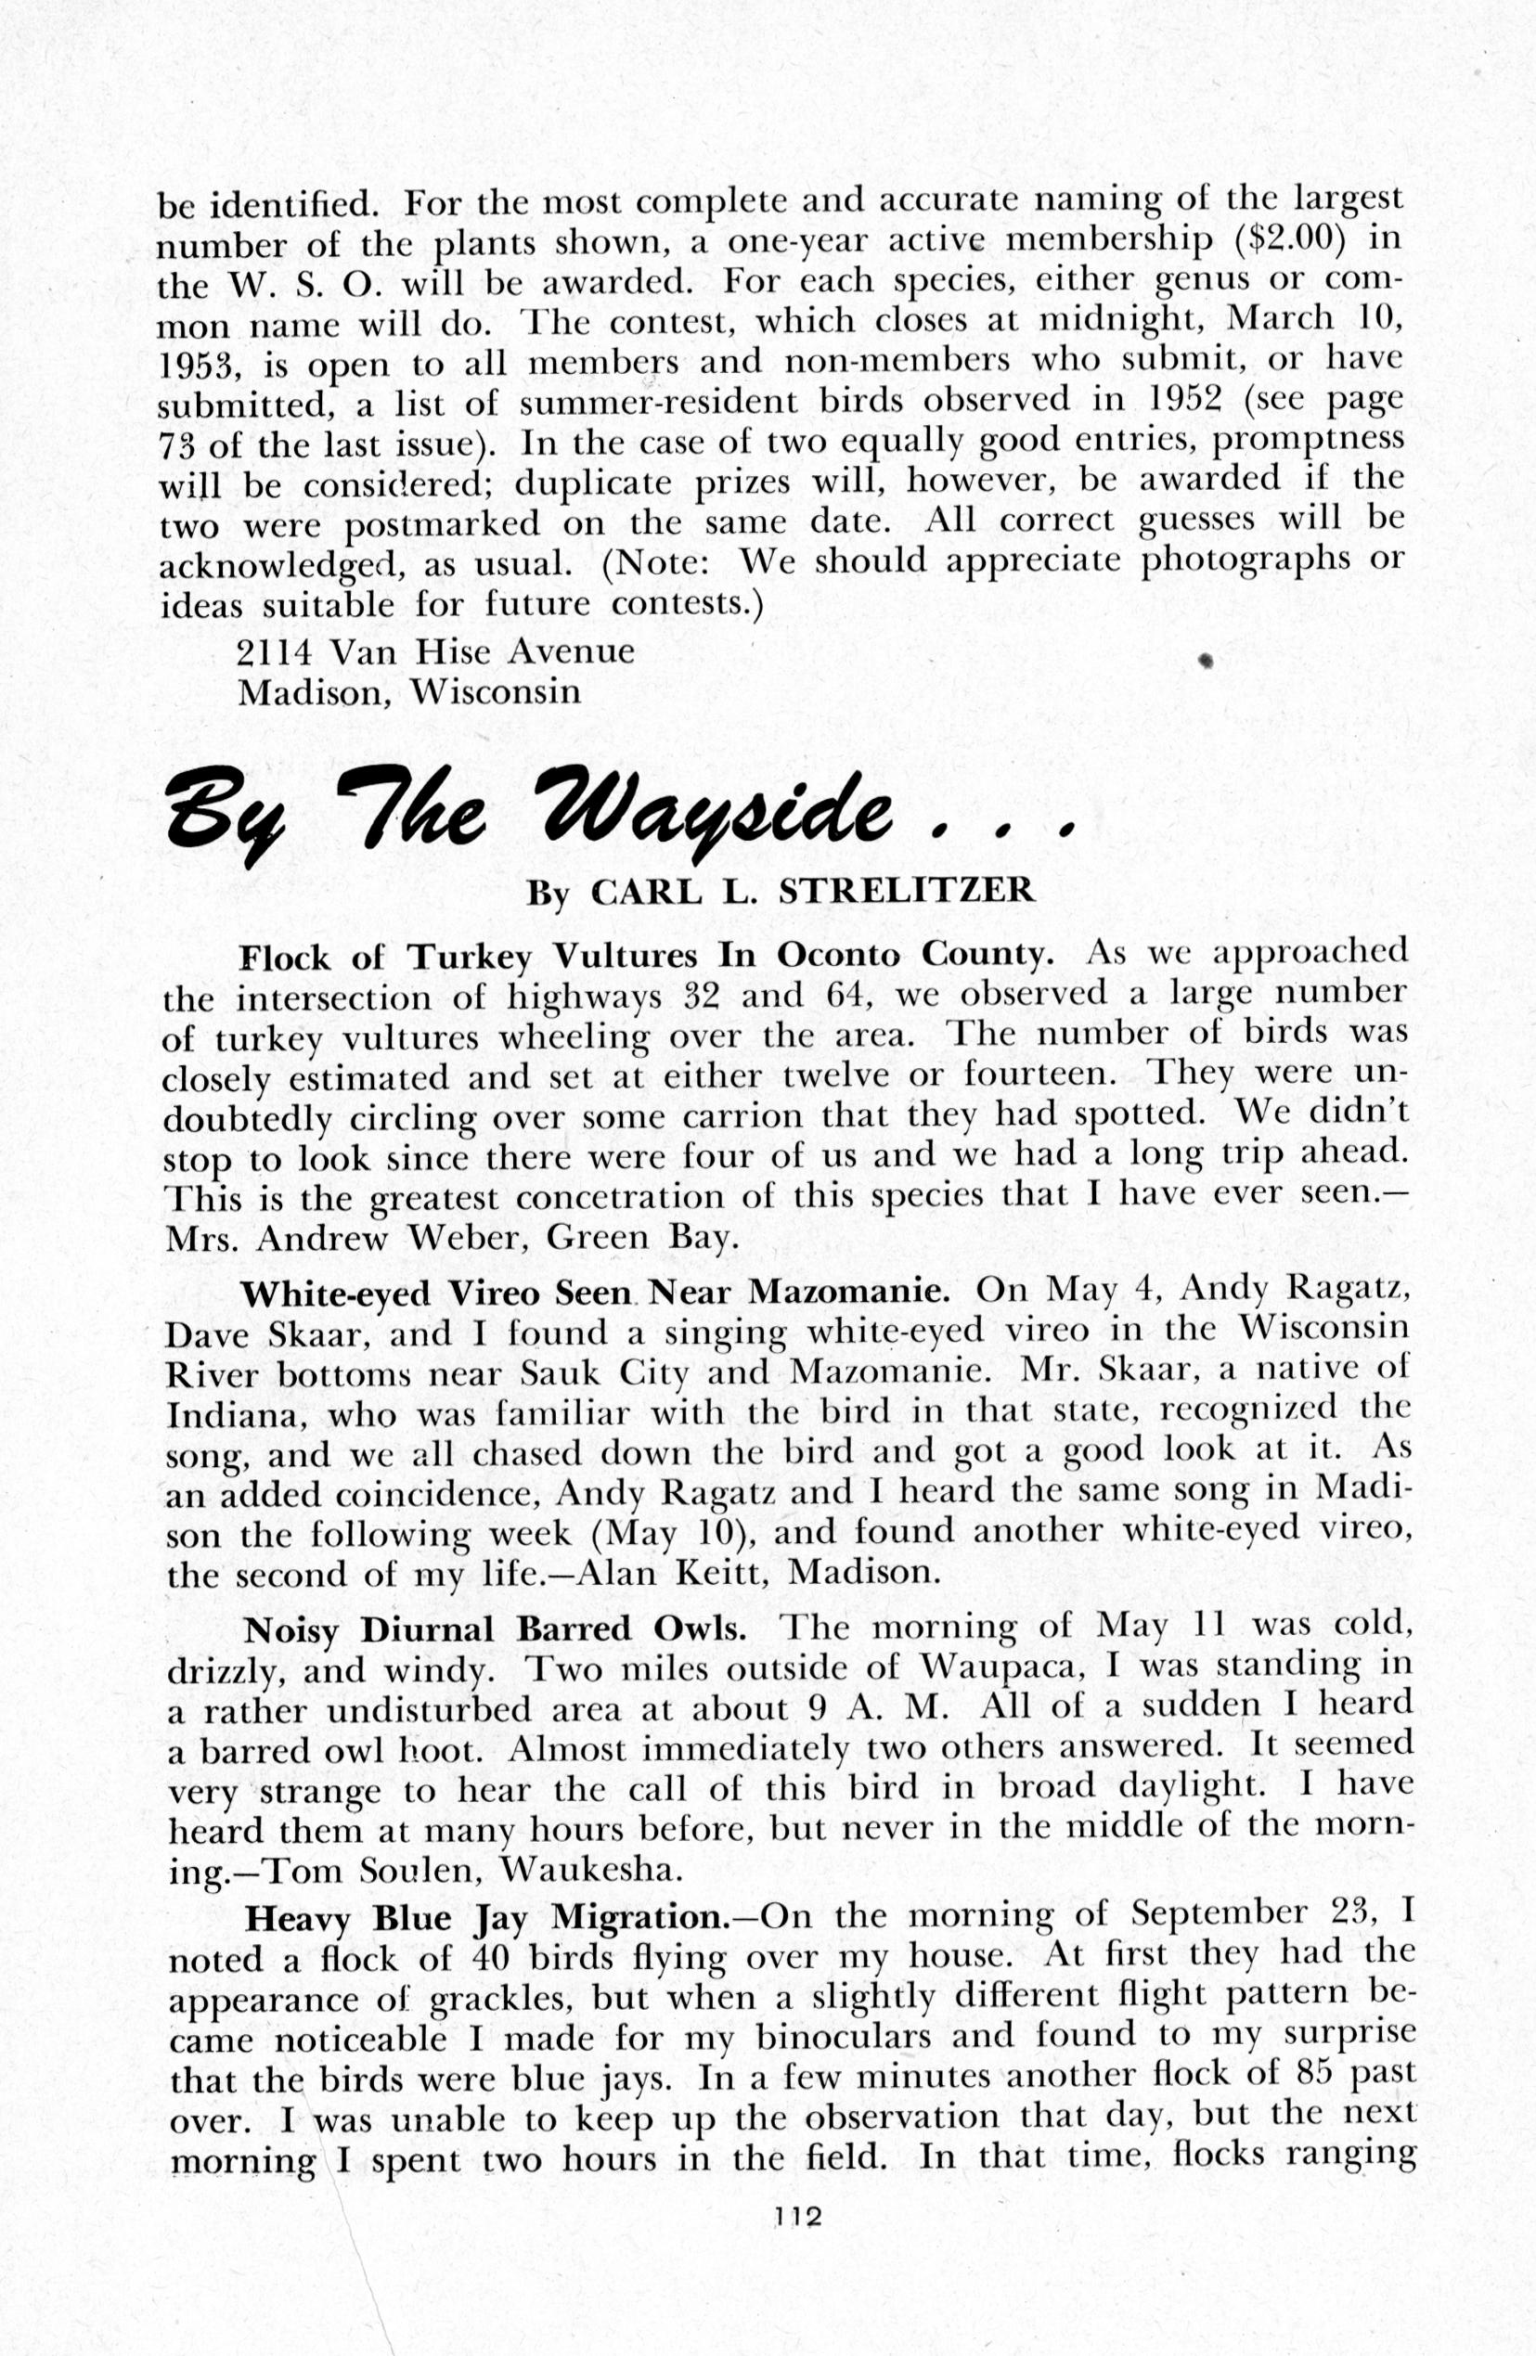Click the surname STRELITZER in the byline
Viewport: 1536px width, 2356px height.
pos(907,891)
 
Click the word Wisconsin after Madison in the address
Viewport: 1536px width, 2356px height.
pos(496,691)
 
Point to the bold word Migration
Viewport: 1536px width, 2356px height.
pos(639,1918)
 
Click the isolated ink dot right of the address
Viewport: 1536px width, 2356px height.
pos(1206,662)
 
